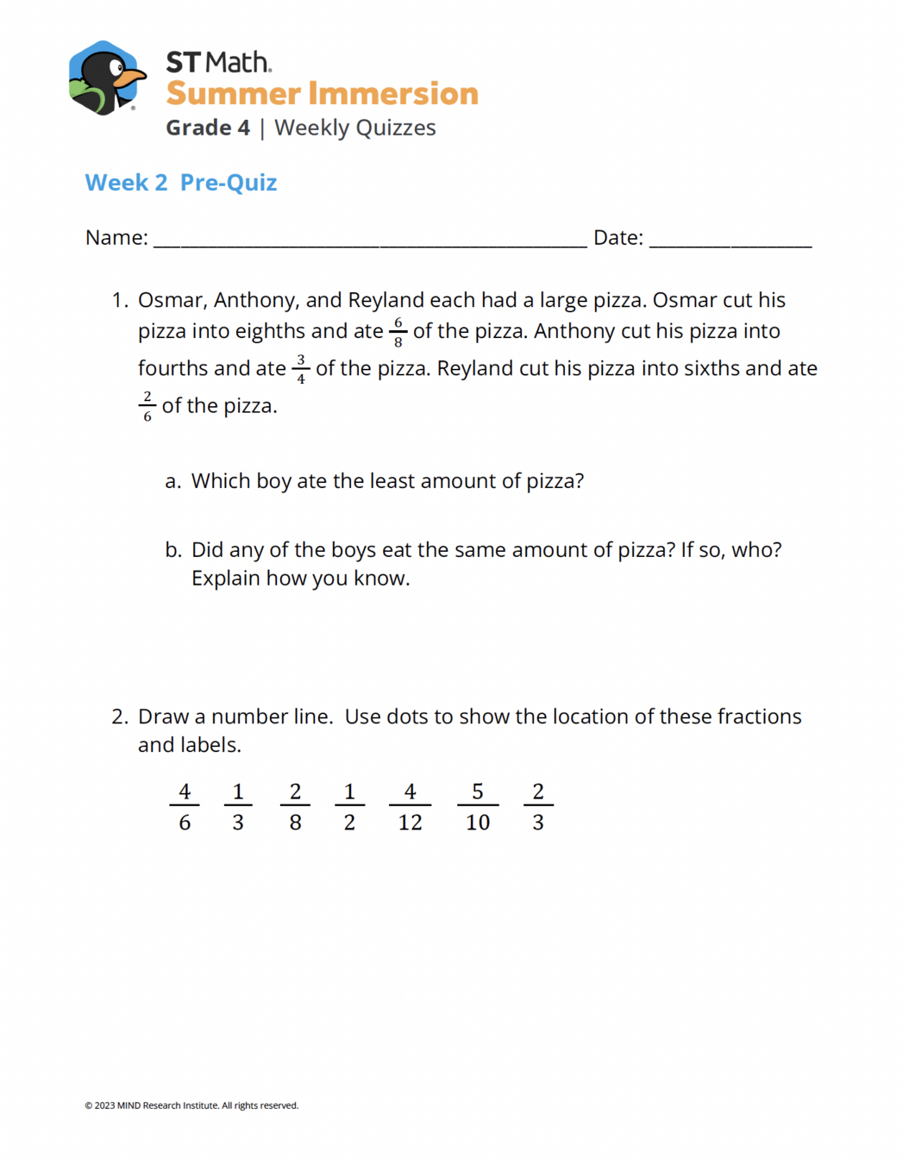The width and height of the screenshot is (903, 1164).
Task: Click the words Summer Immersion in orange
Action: point(322,93)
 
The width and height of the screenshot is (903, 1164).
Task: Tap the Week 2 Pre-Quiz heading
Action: point(181,183)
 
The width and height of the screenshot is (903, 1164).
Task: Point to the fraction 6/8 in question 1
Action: point(398,332)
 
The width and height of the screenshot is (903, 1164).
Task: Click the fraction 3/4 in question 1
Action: point(300,369)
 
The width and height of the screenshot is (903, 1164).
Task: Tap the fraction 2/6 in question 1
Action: point(147,406)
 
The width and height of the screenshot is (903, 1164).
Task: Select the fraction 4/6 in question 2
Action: point(185,806)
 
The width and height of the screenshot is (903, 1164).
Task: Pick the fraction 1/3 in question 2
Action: point(238,806)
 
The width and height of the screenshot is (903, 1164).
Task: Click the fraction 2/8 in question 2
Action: point(295,806)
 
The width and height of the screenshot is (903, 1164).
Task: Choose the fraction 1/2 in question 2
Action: point(349,806)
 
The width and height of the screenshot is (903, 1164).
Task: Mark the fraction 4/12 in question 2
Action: point(410,806)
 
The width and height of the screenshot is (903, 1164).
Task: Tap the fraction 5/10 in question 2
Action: point(478,806)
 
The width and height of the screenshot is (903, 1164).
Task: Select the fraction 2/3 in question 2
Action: point(538,806)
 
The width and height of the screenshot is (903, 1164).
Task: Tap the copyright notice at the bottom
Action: point(191,1105)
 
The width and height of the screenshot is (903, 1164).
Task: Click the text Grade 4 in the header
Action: point(208,128)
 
